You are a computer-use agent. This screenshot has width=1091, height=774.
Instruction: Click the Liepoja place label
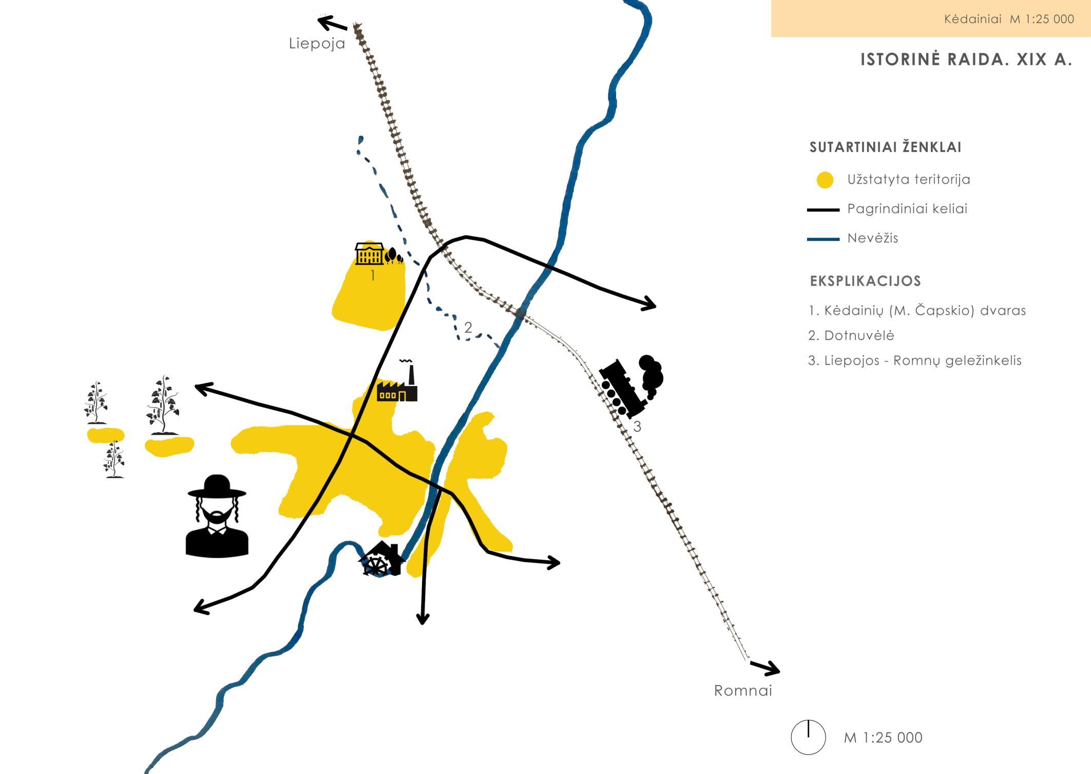317,43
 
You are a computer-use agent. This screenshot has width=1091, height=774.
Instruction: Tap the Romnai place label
743,690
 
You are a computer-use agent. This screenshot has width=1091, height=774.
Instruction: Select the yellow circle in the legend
825,180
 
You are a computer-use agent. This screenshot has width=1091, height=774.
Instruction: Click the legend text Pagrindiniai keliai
907,209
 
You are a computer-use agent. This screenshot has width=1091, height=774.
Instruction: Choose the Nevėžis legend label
873,238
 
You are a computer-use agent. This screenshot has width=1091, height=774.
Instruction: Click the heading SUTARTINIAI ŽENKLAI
885,148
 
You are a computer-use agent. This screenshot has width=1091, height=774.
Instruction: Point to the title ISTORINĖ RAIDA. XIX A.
966,60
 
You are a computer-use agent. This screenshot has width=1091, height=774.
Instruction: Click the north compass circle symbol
808,737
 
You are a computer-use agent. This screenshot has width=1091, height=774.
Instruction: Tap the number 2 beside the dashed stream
468,327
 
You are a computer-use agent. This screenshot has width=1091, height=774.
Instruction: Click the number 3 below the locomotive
637,426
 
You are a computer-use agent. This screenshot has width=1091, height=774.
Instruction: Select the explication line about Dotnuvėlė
851,336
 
